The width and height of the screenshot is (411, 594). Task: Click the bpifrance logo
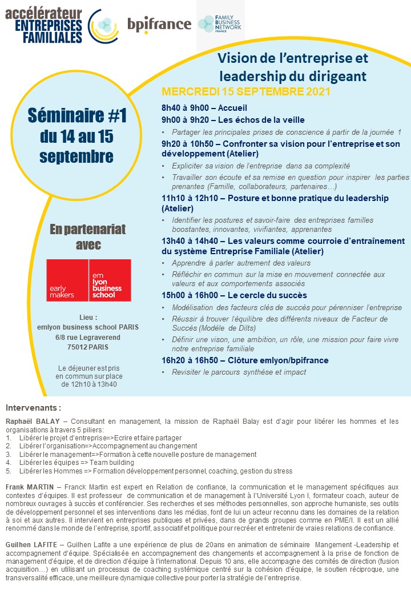[x=159, y=25]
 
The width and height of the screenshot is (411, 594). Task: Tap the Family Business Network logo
[x=220, y=23]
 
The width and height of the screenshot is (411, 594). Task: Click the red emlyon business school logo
[x=88, y=280]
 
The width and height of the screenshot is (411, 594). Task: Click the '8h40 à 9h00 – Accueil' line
[x=196, y=108]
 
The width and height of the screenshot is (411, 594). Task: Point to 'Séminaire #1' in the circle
[x=76, y=117]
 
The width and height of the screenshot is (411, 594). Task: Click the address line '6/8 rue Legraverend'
[x=88, y=337]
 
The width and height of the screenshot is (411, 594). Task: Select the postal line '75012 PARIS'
[x=88, y=347]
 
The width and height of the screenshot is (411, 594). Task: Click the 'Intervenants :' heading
[x=33, y=408]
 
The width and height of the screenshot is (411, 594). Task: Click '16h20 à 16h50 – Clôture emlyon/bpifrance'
[x=245, y=360]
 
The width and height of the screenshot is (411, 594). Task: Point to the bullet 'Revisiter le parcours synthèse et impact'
[x=239, y=372]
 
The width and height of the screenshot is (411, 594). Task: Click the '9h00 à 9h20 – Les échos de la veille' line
[x=225, y=119]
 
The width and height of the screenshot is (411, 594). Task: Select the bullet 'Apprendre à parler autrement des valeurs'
[x=241, y=263]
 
